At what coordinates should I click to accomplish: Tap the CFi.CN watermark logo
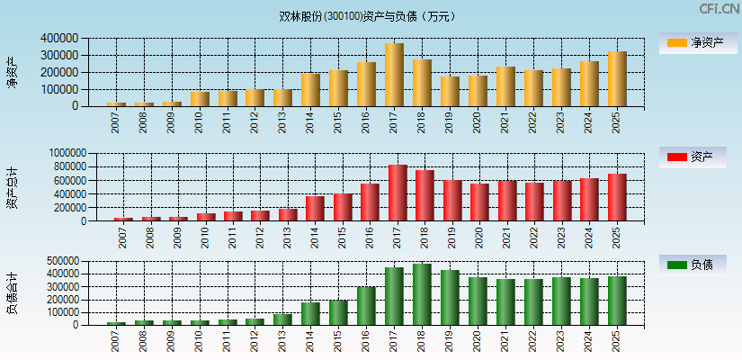pos(720,9)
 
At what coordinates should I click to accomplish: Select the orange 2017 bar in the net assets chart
pos(394,75)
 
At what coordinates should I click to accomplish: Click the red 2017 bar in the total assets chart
pos(398,193)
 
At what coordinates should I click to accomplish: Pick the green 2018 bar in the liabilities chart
pos(422,294)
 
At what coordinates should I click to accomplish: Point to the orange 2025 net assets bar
pos(617,79)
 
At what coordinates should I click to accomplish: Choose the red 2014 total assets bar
pos(315,209)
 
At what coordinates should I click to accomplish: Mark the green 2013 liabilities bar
pos(282,319)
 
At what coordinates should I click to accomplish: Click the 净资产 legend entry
pos(693,42)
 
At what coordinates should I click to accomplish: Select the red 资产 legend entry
pos(693,157)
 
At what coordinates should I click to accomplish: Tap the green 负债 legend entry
pos(693,265)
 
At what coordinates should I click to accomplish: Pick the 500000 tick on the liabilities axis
pos(59,261)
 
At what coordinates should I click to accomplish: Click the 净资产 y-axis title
pos(13,72)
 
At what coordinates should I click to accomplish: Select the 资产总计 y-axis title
pos(13,186)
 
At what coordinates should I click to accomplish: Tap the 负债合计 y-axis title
pos(13,292)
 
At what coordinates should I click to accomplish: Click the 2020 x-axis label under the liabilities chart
pos(477,341)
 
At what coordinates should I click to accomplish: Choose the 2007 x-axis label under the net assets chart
pos(116,123)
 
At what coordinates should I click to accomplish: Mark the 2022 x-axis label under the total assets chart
pos(534,238)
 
